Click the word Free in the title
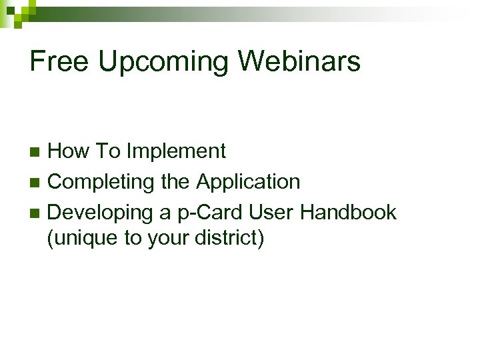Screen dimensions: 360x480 coord(59,62)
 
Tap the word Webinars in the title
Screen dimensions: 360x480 coord(299,62)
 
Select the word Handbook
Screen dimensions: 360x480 coord(349,213)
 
